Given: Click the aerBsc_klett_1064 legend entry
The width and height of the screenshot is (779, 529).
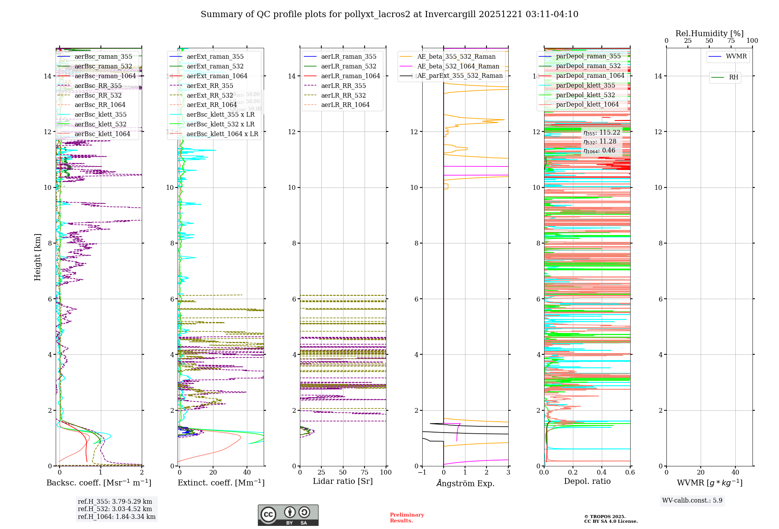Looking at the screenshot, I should [x=102, y=134].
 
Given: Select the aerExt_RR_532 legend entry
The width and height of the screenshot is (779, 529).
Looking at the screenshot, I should [x=210, y=95].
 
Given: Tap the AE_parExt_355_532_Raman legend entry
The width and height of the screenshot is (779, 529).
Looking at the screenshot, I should [x=460, y=75].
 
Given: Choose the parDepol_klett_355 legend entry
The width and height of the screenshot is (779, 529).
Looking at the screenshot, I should [x=585, y=85].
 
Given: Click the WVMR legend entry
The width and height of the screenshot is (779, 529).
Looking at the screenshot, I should [x=736, y=56].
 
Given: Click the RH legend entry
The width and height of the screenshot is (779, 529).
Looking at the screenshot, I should [x=733, y=77].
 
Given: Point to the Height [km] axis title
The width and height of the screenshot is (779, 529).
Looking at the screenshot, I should [x=37, y=257].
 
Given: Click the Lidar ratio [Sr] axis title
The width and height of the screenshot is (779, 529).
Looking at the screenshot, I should [x=343, y=481].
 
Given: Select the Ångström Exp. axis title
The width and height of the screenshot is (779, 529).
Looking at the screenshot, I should [x=465, y=483].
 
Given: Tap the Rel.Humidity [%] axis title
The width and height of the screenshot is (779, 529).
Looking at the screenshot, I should [x=709, y=33].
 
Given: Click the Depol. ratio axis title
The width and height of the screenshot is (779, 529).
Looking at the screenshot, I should [x=587, y=481].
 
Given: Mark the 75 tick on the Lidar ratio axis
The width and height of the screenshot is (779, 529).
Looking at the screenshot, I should [x=365, y=473].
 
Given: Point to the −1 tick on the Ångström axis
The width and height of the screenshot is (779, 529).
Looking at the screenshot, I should [x=422, y=473].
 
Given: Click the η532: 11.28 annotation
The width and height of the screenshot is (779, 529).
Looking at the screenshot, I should [x=600, y=142].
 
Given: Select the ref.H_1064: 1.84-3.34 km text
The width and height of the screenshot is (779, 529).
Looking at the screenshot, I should [x=116, y=517].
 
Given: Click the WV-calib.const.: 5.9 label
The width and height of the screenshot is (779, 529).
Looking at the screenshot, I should [x=692, y=500].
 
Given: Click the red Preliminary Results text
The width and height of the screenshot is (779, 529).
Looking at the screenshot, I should [x=407, y=518].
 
